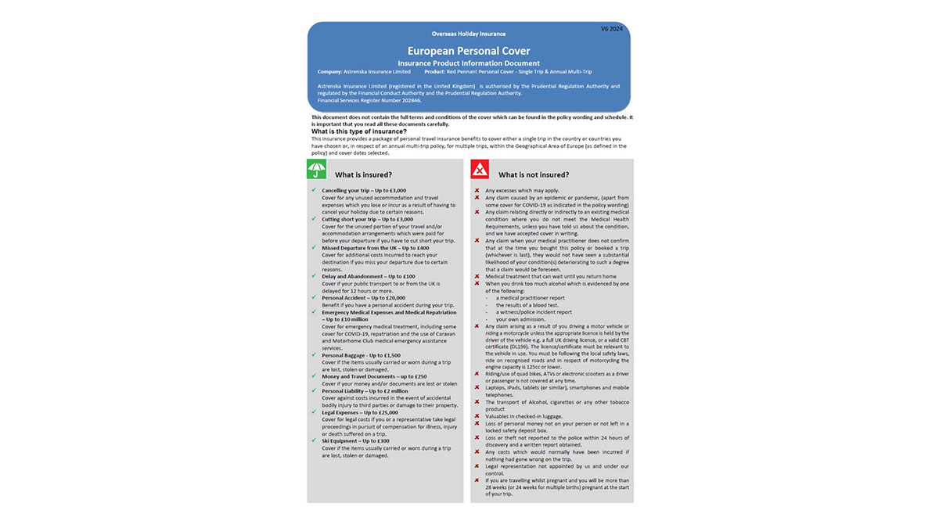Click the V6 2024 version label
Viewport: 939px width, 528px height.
(x=612, y=29)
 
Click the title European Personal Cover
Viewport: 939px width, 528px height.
(x=469, y=52)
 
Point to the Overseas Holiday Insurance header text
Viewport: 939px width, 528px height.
(x=469, y=34)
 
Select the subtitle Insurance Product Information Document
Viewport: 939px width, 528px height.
(x=469, y=63)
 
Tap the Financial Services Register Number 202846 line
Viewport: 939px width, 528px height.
(x=369, y=101)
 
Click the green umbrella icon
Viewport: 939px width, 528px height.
(x=316, y=170)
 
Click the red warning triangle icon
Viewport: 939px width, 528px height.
(x=480, y=170)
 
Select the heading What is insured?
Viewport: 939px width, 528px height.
(x=363, y=174)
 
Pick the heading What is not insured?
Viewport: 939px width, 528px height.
(x=534, y=174)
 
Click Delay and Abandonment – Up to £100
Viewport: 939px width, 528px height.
(x=369, y=276)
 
